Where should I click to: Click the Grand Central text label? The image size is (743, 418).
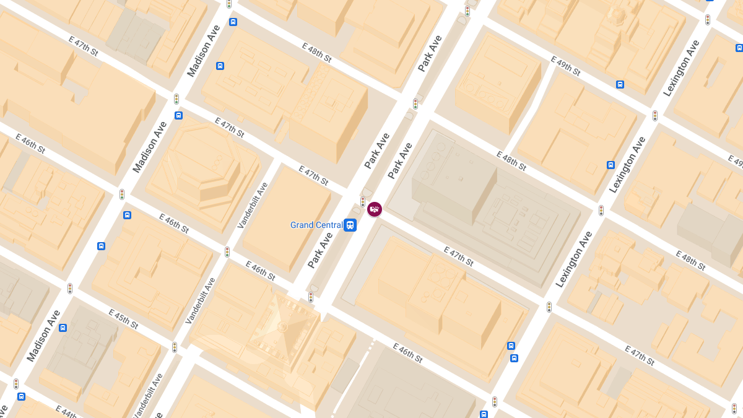[316, 225]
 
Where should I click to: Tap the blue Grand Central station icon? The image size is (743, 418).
[350, 225]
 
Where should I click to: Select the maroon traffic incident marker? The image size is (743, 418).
[375, 209]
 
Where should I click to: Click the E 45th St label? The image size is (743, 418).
[123, 318]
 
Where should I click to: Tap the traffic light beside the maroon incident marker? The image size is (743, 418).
[363, 202]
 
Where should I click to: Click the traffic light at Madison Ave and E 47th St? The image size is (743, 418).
[176, 99]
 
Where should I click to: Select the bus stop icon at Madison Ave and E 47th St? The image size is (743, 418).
[179, 115]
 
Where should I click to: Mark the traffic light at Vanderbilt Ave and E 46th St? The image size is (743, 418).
[227, 252]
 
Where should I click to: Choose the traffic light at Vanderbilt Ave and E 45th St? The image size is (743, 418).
[175, 347]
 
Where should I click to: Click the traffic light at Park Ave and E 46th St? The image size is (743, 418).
[311, 297]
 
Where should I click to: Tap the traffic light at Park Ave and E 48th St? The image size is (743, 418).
[415, 104]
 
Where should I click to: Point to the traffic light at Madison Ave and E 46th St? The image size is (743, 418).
[122, 194]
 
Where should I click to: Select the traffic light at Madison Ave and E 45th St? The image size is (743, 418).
[70, 289]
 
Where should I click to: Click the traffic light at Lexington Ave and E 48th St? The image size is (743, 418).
[601, 211]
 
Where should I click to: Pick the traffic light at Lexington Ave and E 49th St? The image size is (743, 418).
[654, 116]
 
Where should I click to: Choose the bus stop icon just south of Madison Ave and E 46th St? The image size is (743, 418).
[127, 216]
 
